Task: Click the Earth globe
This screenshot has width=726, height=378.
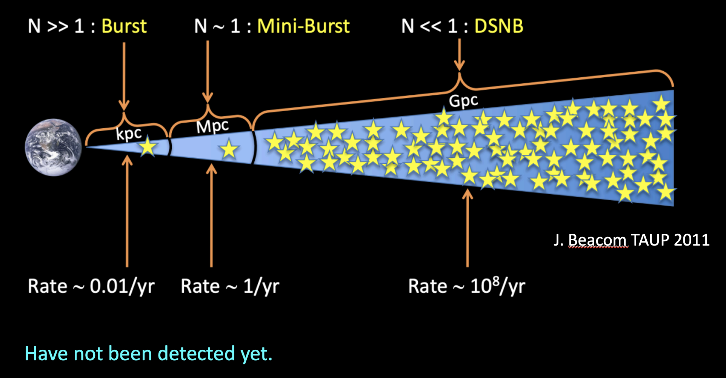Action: tap(53, 147)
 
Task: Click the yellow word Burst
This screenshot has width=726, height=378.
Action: tap(124, 26)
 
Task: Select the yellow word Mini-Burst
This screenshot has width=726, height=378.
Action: tap(303, 26)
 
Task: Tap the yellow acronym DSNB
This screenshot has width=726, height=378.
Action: tap(499, 26)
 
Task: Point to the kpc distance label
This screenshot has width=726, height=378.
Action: tap(129, 134)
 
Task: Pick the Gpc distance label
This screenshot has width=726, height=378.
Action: tap(463, 101)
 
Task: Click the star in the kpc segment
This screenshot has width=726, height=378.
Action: tap(148, 147)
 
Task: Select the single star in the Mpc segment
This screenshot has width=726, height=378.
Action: tap(229, 149)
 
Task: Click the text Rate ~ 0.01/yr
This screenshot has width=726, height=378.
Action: tap(91, 286)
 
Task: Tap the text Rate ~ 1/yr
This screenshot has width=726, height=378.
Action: tap(230, 286)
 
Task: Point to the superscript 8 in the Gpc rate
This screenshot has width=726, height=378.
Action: tap(496, 281)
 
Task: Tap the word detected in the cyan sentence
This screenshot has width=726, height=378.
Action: tap(196, 353)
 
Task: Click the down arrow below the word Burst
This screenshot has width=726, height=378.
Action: tap(124, 75)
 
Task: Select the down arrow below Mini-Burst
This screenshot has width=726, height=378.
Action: tap(208, 72)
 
